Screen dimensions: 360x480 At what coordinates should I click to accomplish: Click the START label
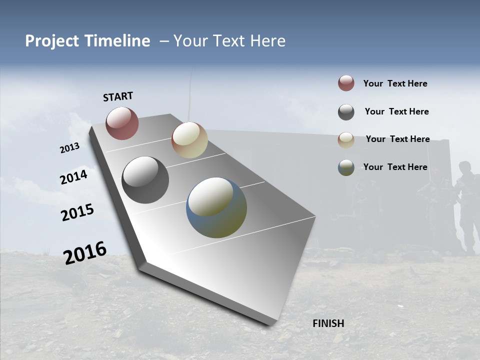click(x=118, y=96)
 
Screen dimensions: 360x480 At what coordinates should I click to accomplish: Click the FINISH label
click(x=328, y=323)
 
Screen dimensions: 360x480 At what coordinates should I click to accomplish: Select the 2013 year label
click(x=69, y=148)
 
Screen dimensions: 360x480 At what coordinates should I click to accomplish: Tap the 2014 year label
click(x=74, y=177)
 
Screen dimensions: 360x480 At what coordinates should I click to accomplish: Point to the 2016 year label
click(x=85, y=252)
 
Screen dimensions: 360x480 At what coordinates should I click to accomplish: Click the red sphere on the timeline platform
click(x=122, y=123)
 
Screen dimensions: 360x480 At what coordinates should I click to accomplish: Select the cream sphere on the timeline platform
click(x=189, y=140)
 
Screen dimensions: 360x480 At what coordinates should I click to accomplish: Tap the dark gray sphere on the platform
click(x=145, y=180)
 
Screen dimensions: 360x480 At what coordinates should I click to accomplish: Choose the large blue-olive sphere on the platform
click(x=216, y=207)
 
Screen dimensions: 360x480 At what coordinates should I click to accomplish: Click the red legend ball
click(x=346, y=83)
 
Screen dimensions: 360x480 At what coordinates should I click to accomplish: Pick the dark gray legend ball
click(x=346, y=112)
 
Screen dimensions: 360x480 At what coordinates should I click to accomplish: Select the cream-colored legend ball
click(x=346, y=139)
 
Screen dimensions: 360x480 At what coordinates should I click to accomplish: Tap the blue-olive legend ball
click(x=346, y=167)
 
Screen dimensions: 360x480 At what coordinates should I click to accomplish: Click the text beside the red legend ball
click(x=395, y=83)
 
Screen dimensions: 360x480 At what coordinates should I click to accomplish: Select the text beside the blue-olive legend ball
click(x=395, y=167)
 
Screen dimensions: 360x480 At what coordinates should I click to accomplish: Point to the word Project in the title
click(x=52, y=41)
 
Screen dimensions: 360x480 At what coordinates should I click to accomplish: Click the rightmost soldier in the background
click(x=467, y=205)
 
